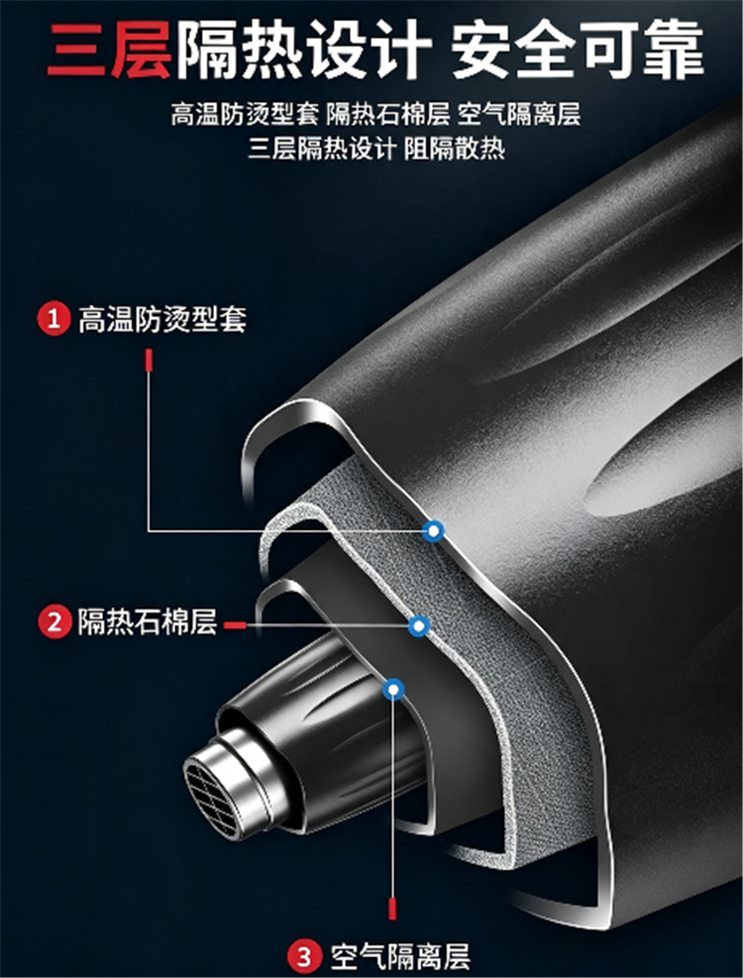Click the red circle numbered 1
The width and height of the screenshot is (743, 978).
(54, 319)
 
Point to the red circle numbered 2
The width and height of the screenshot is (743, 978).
(54, 622)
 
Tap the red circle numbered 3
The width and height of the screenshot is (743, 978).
(304, 956)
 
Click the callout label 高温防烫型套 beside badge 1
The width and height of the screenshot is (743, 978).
(162, 319)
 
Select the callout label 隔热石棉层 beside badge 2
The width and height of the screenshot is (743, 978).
(148, 622)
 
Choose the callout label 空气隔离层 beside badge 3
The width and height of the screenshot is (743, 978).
(400, 956)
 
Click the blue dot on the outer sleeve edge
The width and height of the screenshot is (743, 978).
(433, 531)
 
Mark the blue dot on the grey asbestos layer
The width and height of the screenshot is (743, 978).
(419, 625)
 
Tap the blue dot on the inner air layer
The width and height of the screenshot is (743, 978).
(393, 690)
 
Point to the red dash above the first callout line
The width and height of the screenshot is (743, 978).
(149, 361)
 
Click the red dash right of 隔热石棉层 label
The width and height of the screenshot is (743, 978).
(235, 625)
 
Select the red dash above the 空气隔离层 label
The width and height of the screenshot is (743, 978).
(392, 909)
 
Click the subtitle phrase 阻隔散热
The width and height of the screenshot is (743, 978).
(455, 149)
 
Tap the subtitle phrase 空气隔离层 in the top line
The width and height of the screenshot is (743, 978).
(519, 114)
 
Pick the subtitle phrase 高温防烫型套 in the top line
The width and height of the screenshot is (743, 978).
(245, 114)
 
